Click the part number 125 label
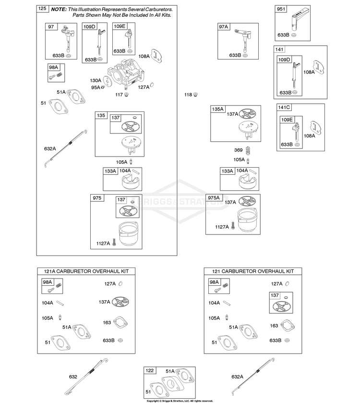(42, 9)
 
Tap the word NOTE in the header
(59, 10)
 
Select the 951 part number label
(281, 9)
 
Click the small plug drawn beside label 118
(195, 95)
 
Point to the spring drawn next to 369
(248, 150)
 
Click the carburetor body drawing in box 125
(125, 73)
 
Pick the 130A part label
(96, 80)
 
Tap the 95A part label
(96, 87)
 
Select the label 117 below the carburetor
(119, 95)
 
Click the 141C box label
(284, 108)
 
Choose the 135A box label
(217, 109)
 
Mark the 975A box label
(214, 197)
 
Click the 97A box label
(223, 27)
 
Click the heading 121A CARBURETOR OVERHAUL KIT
(86, 271)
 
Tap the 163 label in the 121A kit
(107, 323)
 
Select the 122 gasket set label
(149, 370)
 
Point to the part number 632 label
(73, 377)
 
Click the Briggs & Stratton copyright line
(180, 401)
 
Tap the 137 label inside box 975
(121, 200)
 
